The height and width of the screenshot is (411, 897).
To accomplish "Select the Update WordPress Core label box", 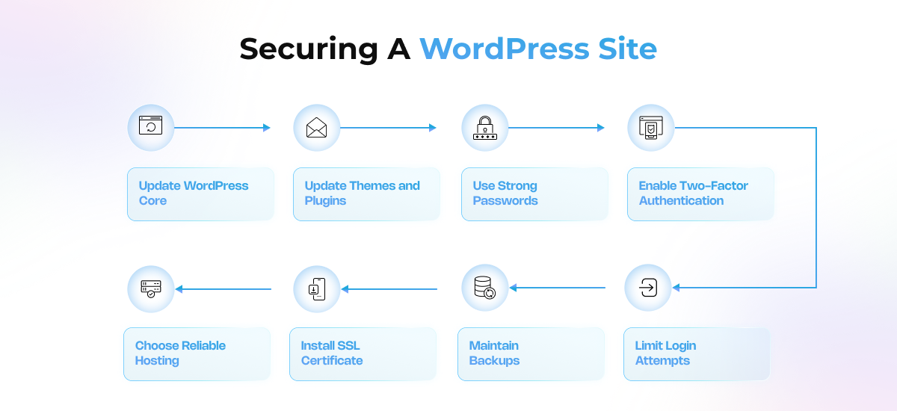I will point(200,194).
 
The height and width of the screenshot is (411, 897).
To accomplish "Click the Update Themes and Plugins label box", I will point(366,194).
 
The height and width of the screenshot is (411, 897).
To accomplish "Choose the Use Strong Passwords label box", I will point(534,194).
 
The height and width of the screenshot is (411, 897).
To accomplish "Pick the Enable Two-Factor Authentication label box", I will point(700,194).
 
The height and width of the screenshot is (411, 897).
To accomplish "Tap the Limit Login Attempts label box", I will point(696,353).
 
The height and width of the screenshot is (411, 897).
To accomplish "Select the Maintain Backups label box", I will point(530,353).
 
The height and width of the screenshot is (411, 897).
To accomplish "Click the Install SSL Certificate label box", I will point(362,353).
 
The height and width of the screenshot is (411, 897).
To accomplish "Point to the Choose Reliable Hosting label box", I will point(196,353).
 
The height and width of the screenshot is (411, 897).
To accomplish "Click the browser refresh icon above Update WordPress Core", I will point(151,127).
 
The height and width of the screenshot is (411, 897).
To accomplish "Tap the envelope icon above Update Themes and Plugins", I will point(317,128).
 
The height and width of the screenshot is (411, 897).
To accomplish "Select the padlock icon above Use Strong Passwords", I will point(485,128).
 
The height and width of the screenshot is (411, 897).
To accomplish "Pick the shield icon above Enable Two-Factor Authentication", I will point(651,128).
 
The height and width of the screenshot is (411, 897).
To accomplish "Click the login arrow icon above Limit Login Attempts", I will point(648,288).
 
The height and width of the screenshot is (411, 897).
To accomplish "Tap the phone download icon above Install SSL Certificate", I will point(317,288).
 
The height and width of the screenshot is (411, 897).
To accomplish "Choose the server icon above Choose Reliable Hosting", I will point(151,288).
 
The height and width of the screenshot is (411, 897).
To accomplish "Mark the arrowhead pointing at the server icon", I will point(179,288).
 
